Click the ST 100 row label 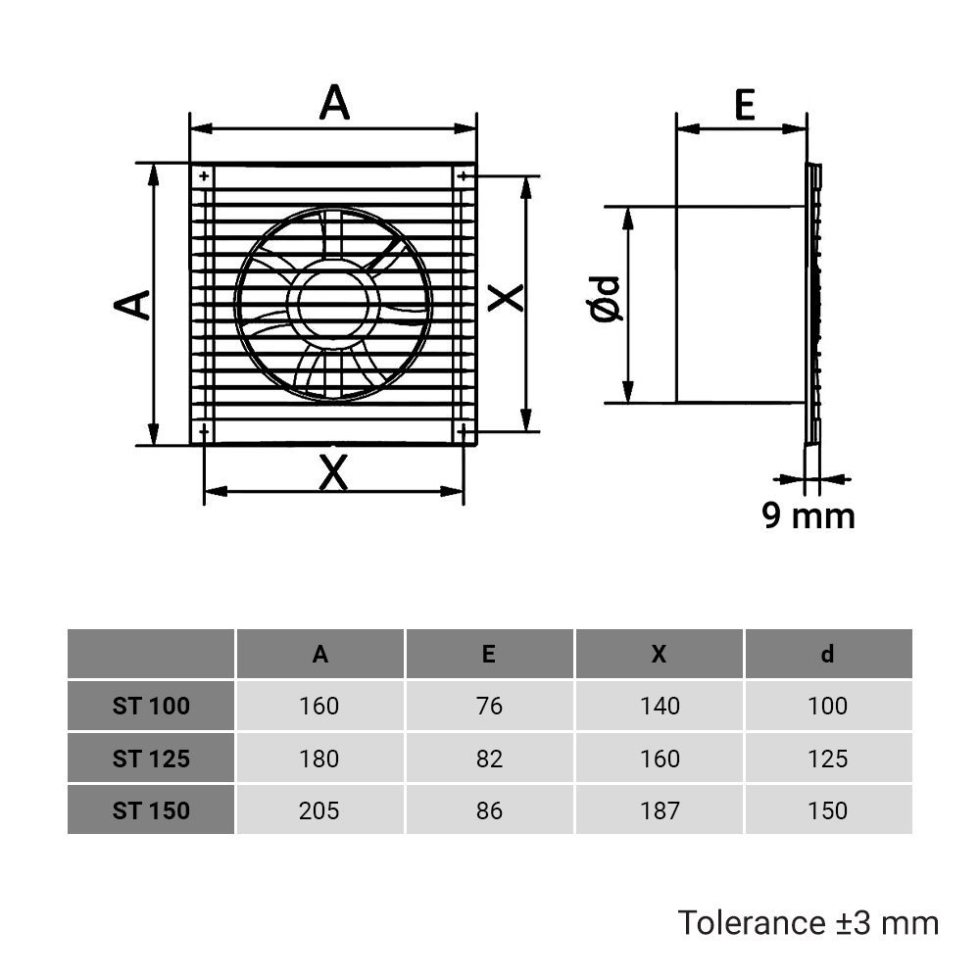click(x=151, y=706)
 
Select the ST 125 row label click(x=151, y=759)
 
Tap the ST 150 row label click(x=151, y=810)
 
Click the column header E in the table click(x=489, y=654)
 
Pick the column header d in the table click(x=828, y=654)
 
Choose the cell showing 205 click(x=319, y=810)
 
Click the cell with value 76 click(x=489, y=706)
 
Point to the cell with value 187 click(x=659, y=810)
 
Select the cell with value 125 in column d click(x=828, y=759)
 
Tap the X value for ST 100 click(x=659, y=706)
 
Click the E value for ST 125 click(x=489, y=759)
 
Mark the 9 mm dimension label click(x=808, y=515)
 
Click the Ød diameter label click(x=608, y=299)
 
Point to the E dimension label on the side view click(x=745, y=106)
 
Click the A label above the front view click(x=334, y=103)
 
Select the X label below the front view click(x=334, y=474)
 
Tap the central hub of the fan click(x=333, y=304)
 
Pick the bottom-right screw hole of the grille click(x=462, y=431)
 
